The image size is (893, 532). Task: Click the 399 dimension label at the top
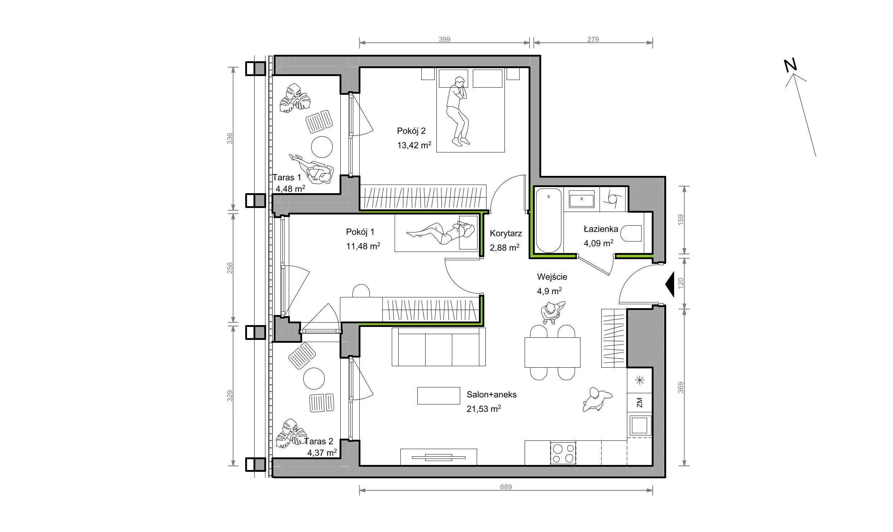tap(444, 39)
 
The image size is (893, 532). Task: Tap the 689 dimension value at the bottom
tap(506, 487)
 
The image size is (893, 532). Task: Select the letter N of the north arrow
tap(791, 65)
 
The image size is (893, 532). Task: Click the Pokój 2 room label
tap(411, 131)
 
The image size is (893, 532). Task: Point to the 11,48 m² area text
tap(363, 246)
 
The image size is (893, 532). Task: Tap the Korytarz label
tap(506, 234)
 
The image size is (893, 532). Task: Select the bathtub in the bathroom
tap(548, 220)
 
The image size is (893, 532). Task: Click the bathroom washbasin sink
tap(582, 199)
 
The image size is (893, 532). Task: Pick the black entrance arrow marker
tap(669, 285)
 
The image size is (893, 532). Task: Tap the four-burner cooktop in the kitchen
tap(563, 453)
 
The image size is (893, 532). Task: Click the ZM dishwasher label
tap(640, 402)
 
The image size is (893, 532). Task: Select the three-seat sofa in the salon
tap(439, 347)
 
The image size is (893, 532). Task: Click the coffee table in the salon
tap(439, 395)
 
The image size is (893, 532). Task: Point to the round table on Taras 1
tap(322, 147)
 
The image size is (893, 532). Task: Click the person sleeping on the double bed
tap(458, 111)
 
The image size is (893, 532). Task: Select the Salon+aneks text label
tap(492, 394)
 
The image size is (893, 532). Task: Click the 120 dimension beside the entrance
tap(681, 283)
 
